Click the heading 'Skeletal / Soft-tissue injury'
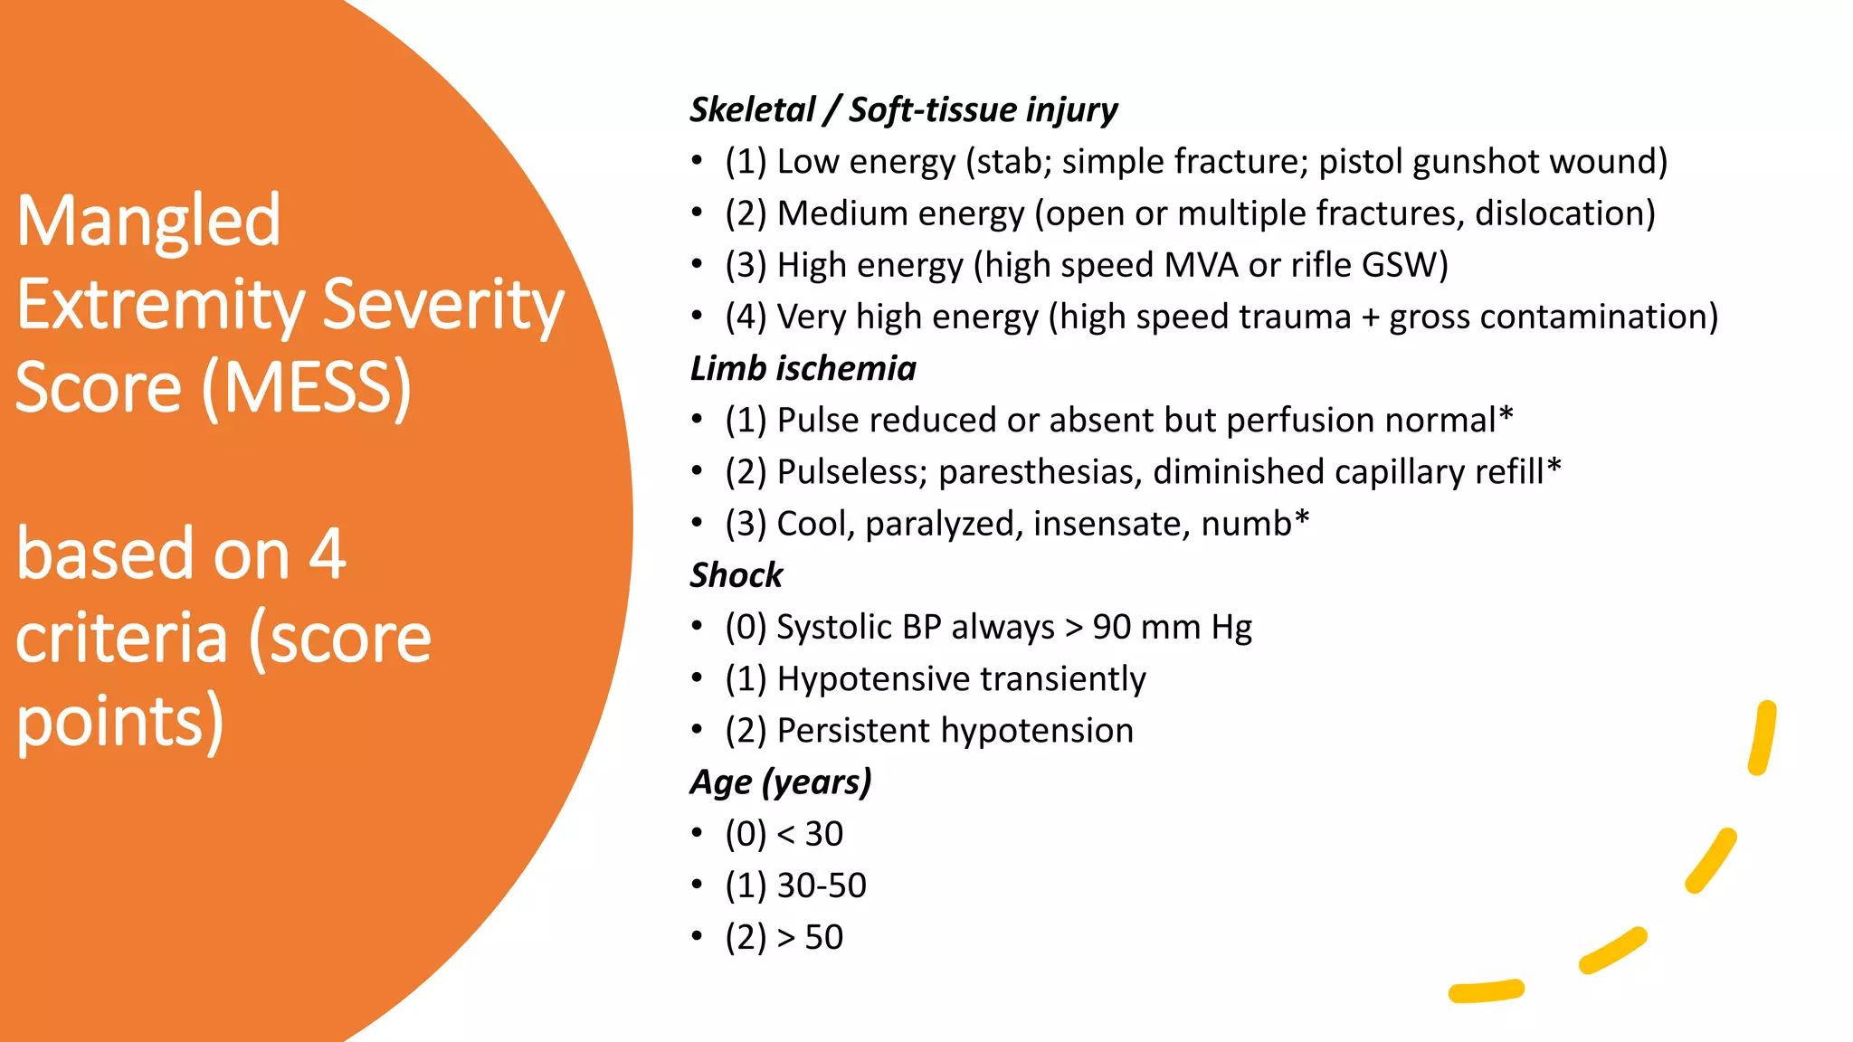pos(903,110)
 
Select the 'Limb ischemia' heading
pos(803,369)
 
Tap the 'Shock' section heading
pos(736,575)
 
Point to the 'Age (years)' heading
pos(780,782)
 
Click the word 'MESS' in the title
pos(307,388)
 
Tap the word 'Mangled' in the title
pos(148,221)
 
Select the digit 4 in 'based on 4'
pos(327,554)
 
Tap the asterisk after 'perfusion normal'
pos(1506,415)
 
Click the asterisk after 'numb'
pos(1302,518)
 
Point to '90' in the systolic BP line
pos(1112,627)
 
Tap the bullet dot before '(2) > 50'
pos(697,936)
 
